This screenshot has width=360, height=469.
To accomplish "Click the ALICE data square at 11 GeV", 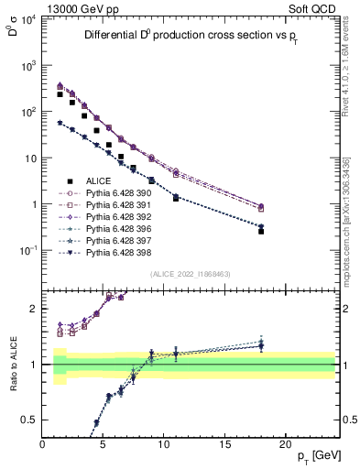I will tap(176, 198).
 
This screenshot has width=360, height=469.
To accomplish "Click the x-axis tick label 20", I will tap(286, 443).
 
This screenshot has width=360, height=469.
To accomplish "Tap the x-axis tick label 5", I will tap(103, 443).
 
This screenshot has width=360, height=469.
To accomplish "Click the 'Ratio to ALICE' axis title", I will tap(13, 364).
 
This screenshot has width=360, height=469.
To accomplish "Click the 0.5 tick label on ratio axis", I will tap(29, 420).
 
